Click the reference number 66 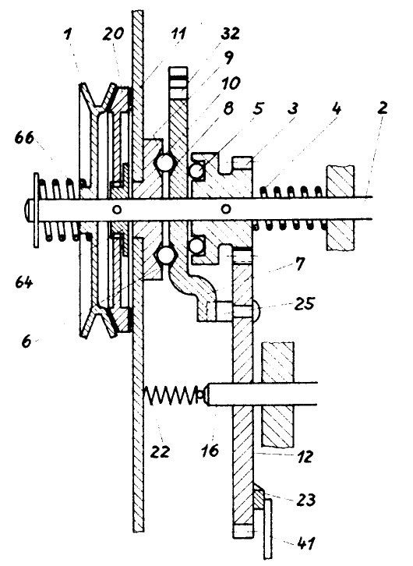[24, 137]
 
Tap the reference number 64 [24, 281]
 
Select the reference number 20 [113, 34]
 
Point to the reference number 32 [230, 34]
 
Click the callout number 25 [305, 303]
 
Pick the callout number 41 [305, 543]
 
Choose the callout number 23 [306, 500]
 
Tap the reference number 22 [160, 451]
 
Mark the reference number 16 [210, 450]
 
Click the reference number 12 [305, 457]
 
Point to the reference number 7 [300, 264]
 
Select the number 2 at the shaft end [383, 108]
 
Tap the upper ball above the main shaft [165, 162]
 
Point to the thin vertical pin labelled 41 [268, 529]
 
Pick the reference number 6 [26, 341]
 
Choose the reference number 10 [231, 83]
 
